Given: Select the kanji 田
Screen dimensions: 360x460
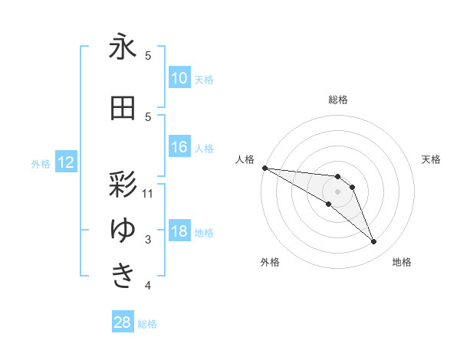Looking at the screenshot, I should [x=123, y=110].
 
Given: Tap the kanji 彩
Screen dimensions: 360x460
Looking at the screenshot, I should [x=123, y=186].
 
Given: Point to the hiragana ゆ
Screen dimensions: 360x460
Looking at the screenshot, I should [x=123, y=230].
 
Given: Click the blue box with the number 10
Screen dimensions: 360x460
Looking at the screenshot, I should [x=179, y=79].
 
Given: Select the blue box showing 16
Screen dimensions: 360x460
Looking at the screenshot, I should [x=179, y=148].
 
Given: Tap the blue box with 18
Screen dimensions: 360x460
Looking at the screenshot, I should [x=179, y=232].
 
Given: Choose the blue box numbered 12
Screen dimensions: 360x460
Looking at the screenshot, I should [x=65, y=162].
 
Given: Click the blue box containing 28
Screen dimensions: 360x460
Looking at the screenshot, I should [x=122, y=323].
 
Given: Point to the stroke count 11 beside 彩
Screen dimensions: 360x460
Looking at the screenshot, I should [x=148, y=193].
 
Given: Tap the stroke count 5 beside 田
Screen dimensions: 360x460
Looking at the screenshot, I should [x=148, y=116].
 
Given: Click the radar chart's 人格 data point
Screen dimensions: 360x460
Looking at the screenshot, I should [x=264, y=168].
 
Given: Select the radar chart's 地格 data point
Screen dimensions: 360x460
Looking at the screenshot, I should [x=373, y=242].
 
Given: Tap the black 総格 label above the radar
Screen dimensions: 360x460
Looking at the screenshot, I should [x=338, y=100].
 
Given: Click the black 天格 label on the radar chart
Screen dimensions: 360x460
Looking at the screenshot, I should [x=432, y=159].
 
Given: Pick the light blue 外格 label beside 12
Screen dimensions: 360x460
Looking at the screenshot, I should [x=41, y=163].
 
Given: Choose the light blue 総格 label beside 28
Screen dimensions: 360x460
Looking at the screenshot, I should [x=147, y=324].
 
